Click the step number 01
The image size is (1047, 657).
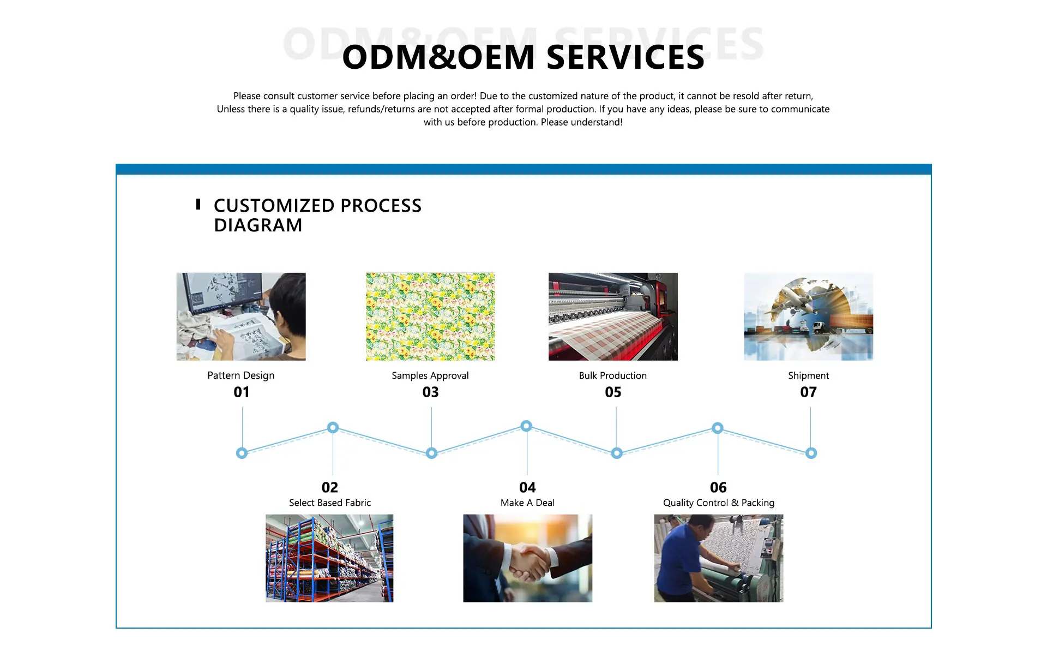tap(242, 392)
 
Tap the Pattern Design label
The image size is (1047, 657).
tap(240, 375)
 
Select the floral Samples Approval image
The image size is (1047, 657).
tap(430, 316)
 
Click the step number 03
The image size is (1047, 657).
tap(430, 392)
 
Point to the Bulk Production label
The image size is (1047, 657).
tap(612, 375)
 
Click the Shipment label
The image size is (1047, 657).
tap(808, 375)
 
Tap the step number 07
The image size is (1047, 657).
tap(808, 392)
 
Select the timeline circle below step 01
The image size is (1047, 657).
tap(242, 453)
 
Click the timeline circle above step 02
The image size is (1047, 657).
tap(333, 427)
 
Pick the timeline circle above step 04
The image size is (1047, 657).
tap(526, 426)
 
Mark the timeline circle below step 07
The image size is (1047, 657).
tap(811, 453)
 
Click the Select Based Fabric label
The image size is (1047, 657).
tap(329, 503)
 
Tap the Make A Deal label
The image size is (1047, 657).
tap(527, 503)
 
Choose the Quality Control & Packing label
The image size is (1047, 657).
tap(718, 503)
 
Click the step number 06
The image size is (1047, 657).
tap(718, 487)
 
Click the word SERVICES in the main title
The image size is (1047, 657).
tap(625, 57)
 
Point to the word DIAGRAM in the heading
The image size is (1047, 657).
tap(258, 225)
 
